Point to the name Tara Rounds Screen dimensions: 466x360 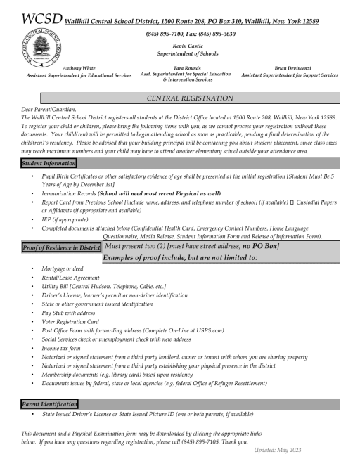(182, 68)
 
